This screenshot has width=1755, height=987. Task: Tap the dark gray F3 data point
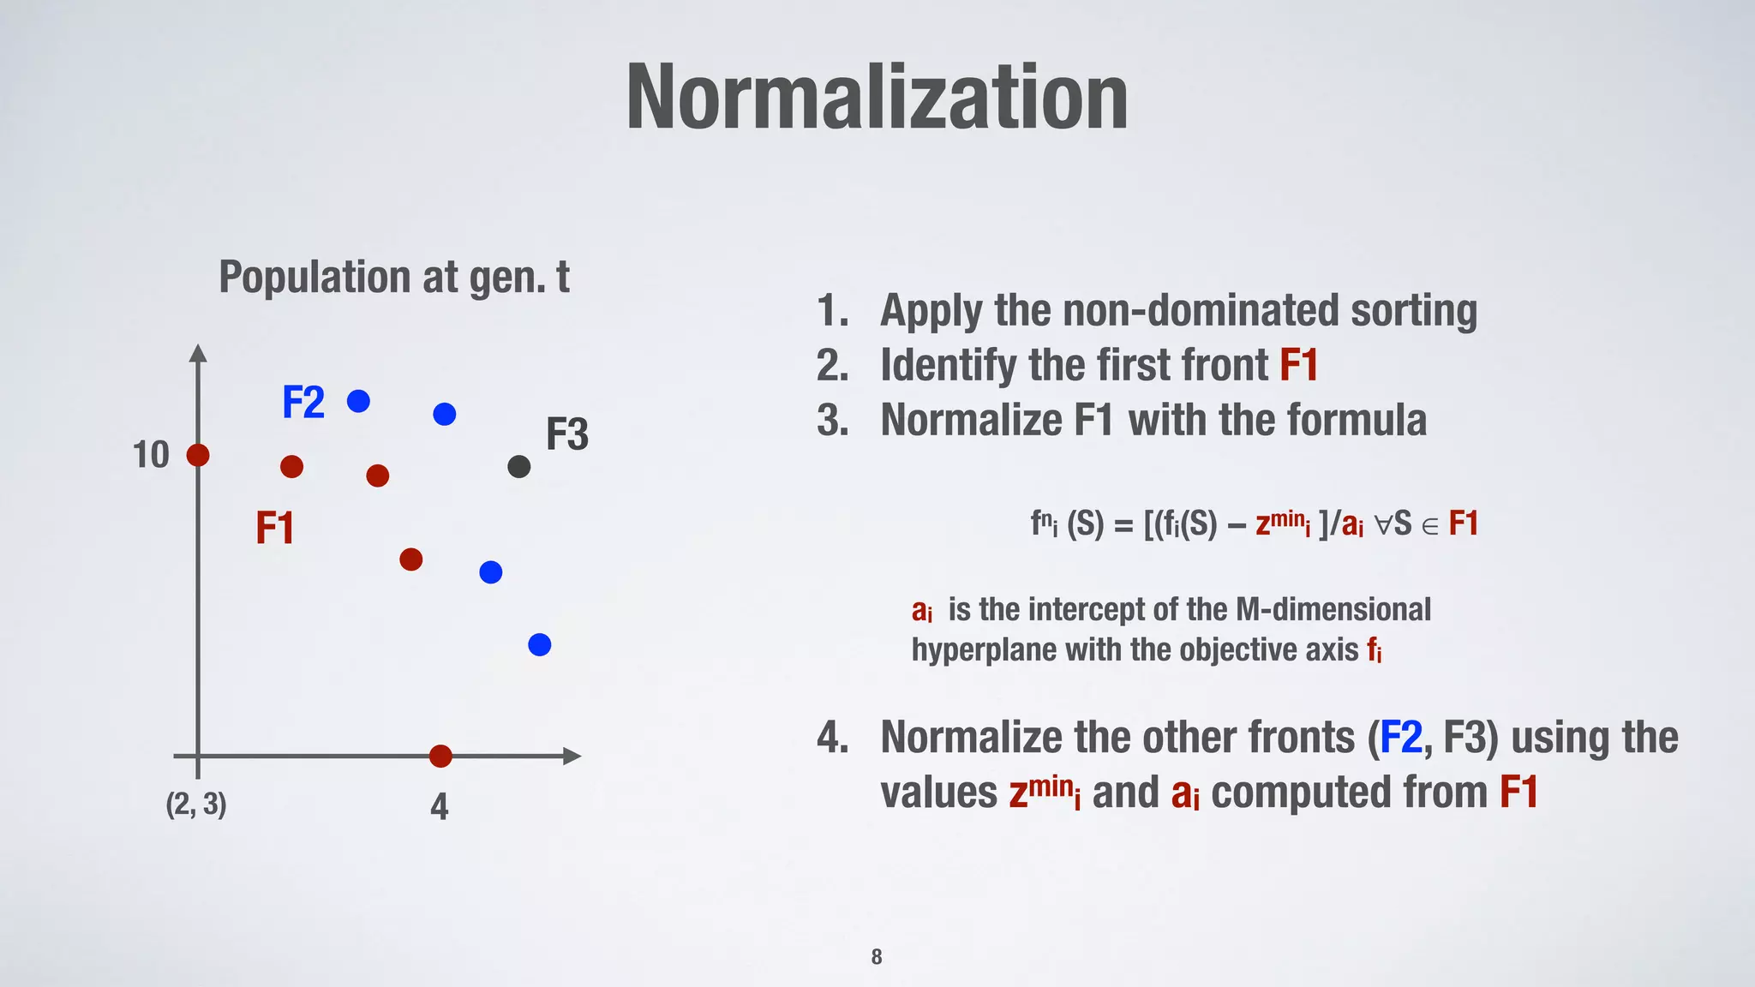coord(518,467)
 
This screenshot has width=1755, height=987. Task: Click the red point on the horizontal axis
coord(440,756)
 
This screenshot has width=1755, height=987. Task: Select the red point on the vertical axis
coord(198,455)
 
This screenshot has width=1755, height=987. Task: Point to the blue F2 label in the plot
coord(303,402)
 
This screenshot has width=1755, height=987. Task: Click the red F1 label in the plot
coord(274,528)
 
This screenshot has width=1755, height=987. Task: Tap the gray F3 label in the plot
coord(567,434)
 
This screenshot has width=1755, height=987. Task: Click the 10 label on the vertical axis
coord(151,455)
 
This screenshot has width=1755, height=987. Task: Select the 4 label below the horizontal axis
coord(439,806)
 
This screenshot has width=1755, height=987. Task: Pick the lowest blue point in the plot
coord(539,644)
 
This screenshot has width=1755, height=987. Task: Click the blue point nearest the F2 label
coord(358,401)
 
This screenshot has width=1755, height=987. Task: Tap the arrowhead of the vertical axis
coord(198,352)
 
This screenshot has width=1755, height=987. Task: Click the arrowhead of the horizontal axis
coord(572,756)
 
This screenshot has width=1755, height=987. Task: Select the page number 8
coord(876,957)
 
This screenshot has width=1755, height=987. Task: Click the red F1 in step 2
coord(1298,365)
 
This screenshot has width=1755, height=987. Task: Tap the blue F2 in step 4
coord(1400,738)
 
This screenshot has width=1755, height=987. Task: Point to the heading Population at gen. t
coord(393,278)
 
